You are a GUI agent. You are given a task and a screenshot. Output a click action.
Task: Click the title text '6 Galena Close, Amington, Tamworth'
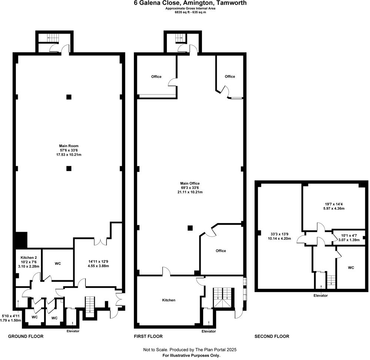click(190, 3)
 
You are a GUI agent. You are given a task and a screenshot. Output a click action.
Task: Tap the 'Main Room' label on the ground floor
click(69, 146)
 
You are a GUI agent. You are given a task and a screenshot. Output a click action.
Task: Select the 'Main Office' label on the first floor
click(190, 184)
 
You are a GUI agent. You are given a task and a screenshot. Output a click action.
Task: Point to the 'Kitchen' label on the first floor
click(169, 300)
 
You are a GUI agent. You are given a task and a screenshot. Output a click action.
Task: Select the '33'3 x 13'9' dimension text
click(279, 234)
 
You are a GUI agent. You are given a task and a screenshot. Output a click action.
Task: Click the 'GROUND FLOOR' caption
click(26, 336)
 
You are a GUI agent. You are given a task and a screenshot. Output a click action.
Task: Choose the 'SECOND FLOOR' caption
click(272, 336)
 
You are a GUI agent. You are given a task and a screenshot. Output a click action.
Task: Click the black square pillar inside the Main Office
click(190, 228)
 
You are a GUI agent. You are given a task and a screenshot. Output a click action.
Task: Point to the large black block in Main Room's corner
click(20, 240)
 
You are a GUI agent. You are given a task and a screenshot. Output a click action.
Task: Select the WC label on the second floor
click(351, 268)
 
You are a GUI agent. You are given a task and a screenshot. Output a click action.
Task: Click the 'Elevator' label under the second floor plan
click(320, 295)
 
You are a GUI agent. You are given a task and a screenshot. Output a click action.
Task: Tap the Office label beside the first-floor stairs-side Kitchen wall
click(221, 251)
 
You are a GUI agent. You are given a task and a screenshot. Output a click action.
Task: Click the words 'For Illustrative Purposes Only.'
click(191, 355)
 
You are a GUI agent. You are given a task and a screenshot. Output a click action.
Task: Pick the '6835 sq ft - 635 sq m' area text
click(190, 12)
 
